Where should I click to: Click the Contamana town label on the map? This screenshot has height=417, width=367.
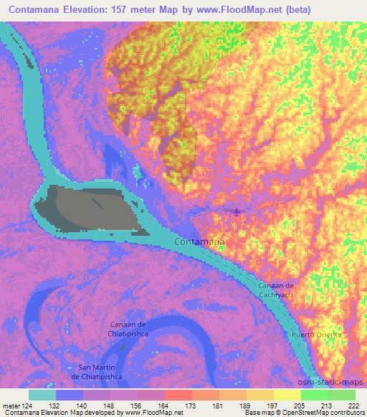click(x=199, y=243)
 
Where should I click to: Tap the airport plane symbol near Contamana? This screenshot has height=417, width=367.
click(x=237, y=211)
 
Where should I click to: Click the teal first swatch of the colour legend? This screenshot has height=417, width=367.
click(x=43, y=394)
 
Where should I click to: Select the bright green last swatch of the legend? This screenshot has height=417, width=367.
click(x=341, y=394)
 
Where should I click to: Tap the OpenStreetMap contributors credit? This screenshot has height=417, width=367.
click(x=315, y=413)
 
